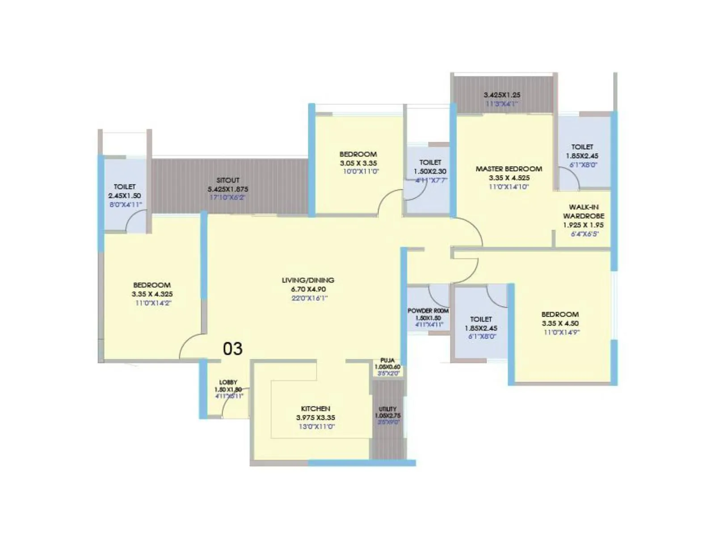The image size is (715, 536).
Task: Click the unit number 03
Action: pyautogui.click(x=232, y=349)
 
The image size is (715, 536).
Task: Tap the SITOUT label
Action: pyautogui.click(x=228, y=180)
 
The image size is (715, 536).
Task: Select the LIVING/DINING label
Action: pyautogui.click(x=308, y=280)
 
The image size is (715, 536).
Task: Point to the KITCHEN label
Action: pyautogui.click(x=315, y=409)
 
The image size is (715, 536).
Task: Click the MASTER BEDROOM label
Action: pyautogui.click(x=509, y=169)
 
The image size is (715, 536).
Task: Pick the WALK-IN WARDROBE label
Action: pyautogui.click(x=584, y=211)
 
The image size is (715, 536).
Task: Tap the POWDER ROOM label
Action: pyautogui.click(x=428, y=311)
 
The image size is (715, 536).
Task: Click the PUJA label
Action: pyautogui.click(x=387, y=360)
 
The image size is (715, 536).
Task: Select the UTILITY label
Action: pyautogui.click(x=387, y=409)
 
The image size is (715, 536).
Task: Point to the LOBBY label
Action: pyautogui.click(x=228, y=382)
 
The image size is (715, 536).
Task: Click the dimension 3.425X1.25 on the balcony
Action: pyautogui.click(x=502, y=95)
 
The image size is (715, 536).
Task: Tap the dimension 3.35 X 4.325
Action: pyautogui.click(x=152, y=294)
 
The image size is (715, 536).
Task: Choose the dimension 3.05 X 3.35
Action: pyautogui.click(x=358, y=163)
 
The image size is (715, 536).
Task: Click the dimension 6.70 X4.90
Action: pyautogui.click(x=308, y=289)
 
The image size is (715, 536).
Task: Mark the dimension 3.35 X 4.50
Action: pyautogui.click(x=560, y=323)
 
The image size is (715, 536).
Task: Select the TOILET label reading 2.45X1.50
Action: pyautogui.click(x=125, y=187)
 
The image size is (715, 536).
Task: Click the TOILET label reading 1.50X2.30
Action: pyautogui.click(x=430, y=163)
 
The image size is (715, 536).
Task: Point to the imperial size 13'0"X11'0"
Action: pyautogui.click(x=316, y=427)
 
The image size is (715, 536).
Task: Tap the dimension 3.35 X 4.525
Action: pyautogui.click(x=509, y=178)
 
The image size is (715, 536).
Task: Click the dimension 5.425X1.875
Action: pyautogui.click(x=228, y=189)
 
